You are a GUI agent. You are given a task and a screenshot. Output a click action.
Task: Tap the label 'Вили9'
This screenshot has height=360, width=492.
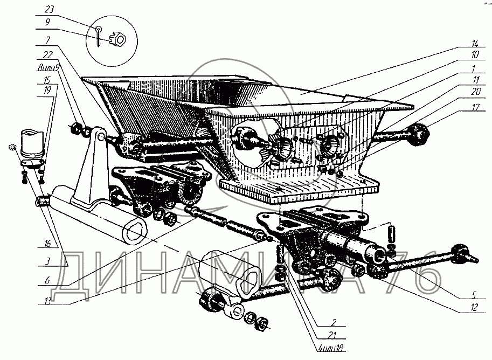48,68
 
